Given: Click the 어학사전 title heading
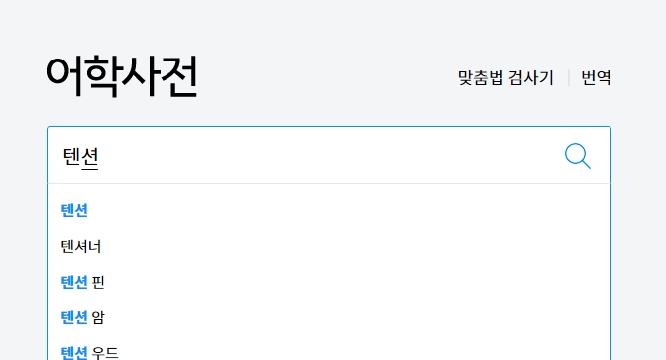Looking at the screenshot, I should tap(121, 76).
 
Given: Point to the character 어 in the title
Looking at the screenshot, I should tap(64, 76).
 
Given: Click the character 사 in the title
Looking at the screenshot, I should tap(140, 76).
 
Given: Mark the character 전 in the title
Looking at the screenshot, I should tap(178, 76).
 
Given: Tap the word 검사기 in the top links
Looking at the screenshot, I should tap(531, 77).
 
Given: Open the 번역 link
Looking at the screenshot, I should tap(596, 77).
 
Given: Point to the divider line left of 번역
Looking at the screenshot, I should tap(568, 77).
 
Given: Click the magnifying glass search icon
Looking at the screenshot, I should tap(577, 155).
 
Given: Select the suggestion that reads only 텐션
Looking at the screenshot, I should tap(74, 210).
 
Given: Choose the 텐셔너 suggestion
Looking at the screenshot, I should tap(80, 246).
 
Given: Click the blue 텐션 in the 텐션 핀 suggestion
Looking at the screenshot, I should tap(74, 282).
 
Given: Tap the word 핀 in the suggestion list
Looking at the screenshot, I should tap(98, 282).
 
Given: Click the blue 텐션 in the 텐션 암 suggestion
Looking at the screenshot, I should tap(74, 317).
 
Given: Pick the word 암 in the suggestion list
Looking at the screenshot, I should tap(98, 317).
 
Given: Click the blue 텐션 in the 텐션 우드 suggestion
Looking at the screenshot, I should tap(74, 352).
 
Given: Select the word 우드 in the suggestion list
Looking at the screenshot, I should tap(105, 352).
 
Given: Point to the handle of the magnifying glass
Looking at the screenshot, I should tap(586, 165).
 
